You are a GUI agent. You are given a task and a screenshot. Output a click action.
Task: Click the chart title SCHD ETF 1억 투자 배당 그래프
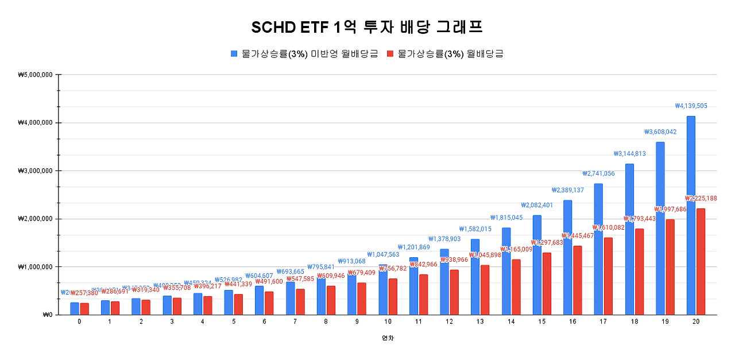(367, 28)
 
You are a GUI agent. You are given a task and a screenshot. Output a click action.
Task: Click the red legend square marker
(390, 53)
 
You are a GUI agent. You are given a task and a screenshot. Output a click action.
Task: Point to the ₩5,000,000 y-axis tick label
(36, 75)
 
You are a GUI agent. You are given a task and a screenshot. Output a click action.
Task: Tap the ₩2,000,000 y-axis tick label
(36, 219)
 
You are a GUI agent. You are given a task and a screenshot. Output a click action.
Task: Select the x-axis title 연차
(388, 338)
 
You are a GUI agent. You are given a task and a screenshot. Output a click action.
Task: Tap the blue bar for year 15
(537, 265)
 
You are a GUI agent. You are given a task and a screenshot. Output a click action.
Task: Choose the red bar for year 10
(393, 296)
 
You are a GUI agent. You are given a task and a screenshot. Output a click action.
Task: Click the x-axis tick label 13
(479, 322)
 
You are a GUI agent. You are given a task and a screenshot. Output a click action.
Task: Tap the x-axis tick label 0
(79, 322)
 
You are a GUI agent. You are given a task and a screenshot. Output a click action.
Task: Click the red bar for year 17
(608, 276)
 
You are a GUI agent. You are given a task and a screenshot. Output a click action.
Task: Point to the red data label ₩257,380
(85, 293)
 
